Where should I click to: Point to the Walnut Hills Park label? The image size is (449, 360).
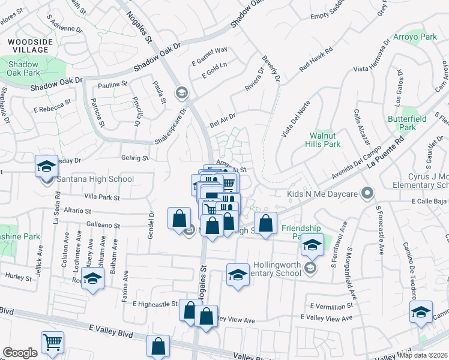[324, 140]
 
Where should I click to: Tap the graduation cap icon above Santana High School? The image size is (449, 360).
[46, 167]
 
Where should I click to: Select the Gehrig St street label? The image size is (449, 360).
[136, 158]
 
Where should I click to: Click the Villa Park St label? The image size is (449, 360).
[101, 197]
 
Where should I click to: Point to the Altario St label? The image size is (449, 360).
[79, 211]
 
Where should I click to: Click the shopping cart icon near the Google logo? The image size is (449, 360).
[53, 343]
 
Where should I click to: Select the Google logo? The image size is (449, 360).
[20, 353]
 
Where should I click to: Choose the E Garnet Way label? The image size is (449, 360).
[209, 55]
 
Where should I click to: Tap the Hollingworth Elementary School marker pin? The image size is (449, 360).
[310, 268]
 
